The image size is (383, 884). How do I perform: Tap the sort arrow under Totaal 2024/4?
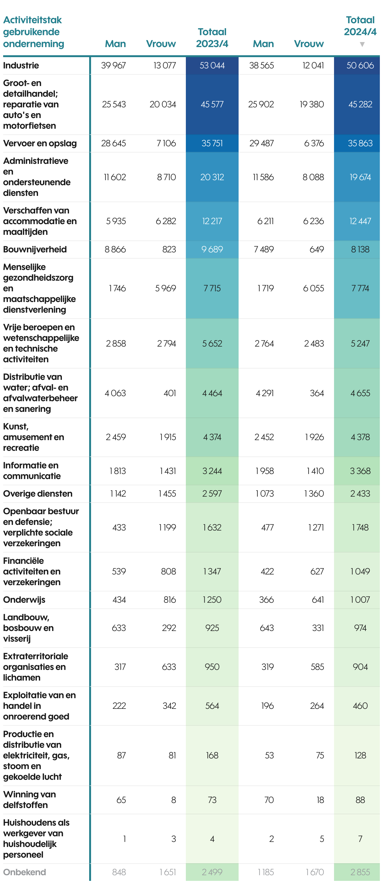pyautogui.click(x=362, y=45)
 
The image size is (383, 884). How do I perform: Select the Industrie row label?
pyautogui.click(x=21, y=66)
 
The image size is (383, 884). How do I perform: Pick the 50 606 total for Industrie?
pyautogui.click(x=360, y=66)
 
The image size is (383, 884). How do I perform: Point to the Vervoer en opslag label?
pyautogui.click(x=40, y=143)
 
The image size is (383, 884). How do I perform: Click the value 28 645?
pyautogui.click(x=113, y=143)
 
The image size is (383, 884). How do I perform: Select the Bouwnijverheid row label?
pyautogui.click(x=35, y=250)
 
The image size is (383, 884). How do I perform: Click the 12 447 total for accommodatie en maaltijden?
pyautogui.click(x=360, y=221)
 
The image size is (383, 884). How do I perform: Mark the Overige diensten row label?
pyautogui.click(x=38, y=494)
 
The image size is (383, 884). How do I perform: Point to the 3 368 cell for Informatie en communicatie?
pyautogui.click(x=360, y=471)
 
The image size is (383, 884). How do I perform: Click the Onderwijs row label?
pyautogui.click(x=24, y=600)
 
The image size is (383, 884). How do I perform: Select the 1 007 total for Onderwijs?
pyautogui.click(x=360, y=600)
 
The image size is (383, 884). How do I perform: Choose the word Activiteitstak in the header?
pyautogui.click(x=33, y=20)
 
